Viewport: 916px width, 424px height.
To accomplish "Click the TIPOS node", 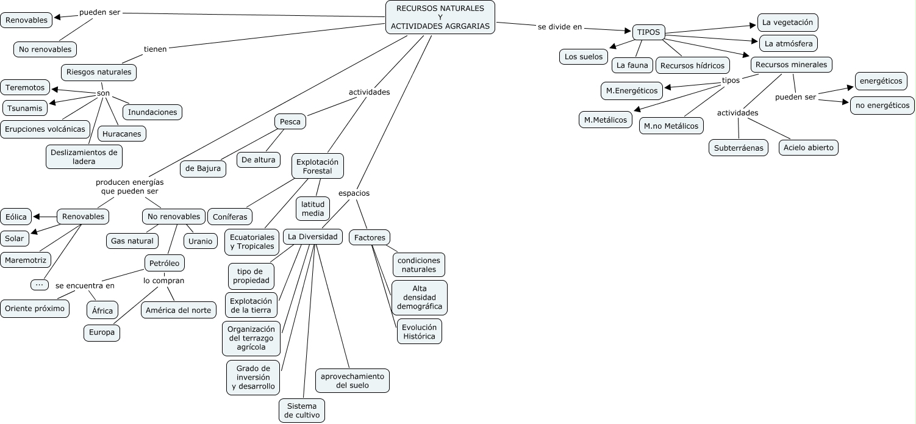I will click(648, 32).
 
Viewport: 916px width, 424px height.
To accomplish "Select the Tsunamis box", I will click(25, 108).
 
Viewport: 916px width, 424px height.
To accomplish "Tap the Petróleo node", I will click(164, 263).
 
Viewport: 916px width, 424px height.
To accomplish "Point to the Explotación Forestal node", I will click(318, 166).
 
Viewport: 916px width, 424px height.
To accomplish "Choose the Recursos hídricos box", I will click(692, 65).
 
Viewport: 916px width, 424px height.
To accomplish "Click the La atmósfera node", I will click(788, 44).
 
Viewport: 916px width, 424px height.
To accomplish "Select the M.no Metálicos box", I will click(671, 126).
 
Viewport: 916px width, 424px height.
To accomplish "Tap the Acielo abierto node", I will click(809, 148).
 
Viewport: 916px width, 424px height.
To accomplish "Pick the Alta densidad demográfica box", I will click(419, 297).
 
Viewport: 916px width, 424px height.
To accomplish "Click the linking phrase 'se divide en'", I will click(560, 27).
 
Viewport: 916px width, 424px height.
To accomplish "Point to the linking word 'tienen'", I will click(155, 49).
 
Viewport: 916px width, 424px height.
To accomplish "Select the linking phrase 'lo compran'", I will click(163, 281).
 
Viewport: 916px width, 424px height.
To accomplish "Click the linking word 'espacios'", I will click(354, 193).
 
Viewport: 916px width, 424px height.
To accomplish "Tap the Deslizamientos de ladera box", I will click(84, 157).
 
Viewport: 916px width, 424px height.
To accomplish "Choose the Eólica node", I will click(16, 217).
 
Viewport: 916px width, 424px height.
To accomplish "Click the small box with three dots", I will click(39, 284).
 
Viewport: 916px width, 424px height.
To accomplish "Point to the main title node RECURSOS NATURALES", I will click(440, 17).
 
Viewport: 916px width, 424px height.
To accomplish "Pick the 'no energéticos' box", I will click(882, 106).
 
